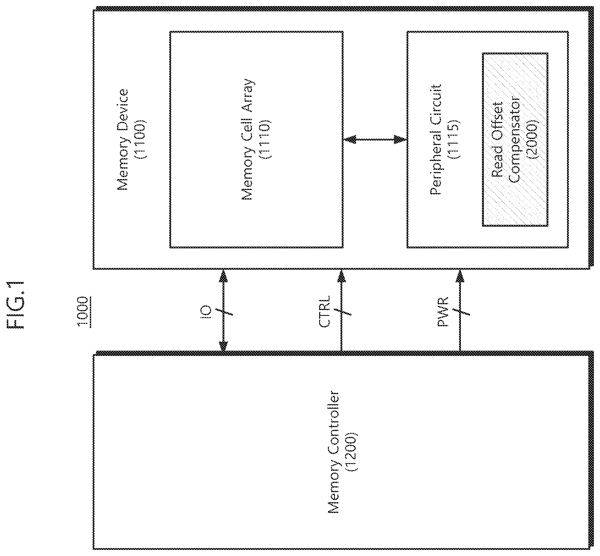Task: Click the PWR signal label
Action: [x=443, y=311]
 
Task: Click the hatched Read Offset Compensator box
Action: [x=515, y=140]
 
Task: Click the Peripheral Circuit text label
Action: [x=435, y=139]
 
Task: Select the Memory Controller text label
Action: [x=334, y=452]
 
